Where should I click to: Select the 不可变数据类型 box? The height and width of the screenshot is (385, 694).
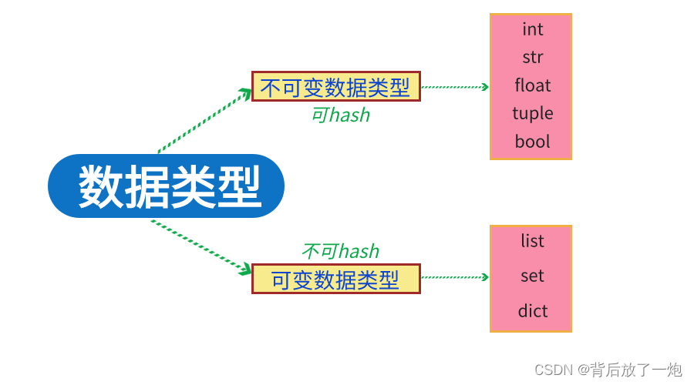(x=335, y=86)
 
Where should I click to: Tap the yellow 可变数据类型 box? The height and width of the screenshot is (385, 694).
(x=335, y=279)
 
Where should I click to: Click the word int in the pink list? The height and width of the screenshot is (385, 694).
(x=532, y=29)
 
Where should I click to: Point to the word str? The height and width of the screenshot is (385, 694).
(x=532, y=58)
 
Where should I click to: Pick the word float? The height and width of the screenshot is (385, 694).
(x=532, y=85)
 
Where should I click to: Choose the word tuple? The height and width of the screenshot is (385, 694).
(x=532, y=113)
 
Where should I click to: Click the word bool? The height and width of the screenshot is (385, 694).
(x=532, y=142)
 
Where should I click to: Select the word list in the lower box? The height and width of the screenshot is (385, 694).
(x=532, y=241)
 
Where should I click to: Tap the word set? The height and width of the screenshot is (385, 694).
(x=532, y=276)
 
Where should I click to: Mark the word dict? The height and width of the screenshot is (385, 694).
(x=532, y=311)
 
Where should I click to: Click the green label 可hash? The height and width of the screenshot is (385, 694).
(x=340, y=115)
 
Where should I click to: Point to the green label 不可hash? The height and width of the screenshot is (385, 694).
(x=340, y=252)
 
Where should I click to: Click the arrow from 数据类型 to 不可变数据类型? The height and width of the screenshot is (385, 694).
(x=204, y=121)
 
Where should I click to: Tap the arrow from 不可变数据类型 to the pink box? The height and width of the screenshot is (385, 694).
(x=455, y=87)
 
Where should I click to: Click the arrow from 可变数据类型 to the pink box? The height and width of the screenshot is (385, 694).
(x=455, y=277)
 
